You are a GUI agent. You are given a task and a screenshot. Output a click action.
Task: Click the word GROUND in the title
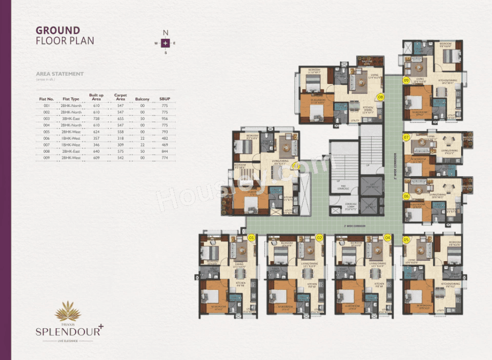click(58, 30)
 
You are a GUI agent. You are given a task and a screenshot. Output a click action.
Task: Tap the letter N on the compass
click(165, 33)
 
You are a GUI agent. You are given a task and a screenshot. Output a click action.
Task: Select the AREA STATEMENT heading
click(59, 74)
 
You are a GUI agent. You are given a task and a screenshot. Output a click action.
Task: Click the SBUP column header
click(165, 99)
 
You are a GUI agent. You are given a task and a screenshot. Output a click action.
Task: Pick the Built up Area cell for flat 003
click(96, 118)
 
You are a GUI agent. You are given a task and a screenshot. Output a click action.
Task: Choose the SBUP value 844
click(165, 151)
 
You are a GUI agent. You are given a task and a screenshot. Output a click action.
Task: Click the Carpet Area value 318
click(120, 138)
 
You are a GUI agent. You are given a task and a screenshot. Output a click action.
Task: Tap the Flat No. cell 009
click(47, 158)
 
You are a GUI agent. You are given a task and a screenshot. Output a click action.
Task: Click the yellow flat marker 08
click(380, 96)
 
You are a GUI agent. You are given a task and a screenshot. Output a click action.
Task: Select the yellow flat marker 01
click(251, 238)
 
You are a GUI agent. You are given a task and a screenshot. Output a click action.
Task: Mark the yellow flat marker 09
click(406, 80)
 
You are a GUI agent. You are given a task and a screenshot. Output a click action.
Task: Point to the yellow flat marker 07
click(406, 137)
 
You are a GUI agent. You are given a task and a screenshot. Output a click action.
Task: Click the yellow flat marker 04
click(387, 238)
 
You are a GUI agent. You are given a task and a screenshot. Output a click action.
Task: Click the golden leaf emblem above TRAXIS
click(68, 310)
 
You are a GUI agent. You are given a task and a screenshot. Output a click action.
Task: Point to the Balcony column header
click(142, 99)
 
